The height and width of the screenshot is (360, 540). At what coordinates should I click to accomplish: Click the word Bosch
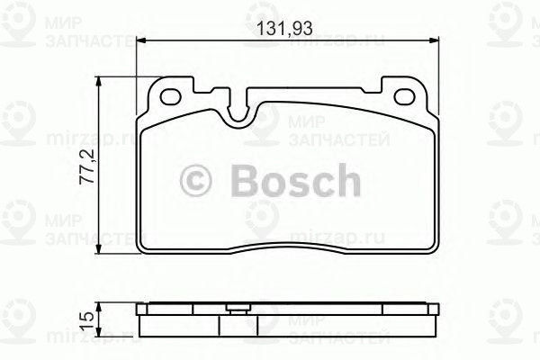pyautogui.click(x=289, y=180)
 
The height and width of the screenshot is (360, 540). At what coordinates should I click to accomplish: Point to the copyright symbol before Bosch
pyautogui.click(x=198, y=181)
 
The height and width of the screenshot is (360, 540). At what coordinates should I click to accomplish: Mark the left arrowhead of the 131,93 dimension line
pyautogui.click(x=140, y=40)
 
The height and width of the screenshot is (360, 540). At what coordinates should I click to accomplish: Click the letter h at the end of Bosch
pyautogui.click(x=346, y=180)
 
